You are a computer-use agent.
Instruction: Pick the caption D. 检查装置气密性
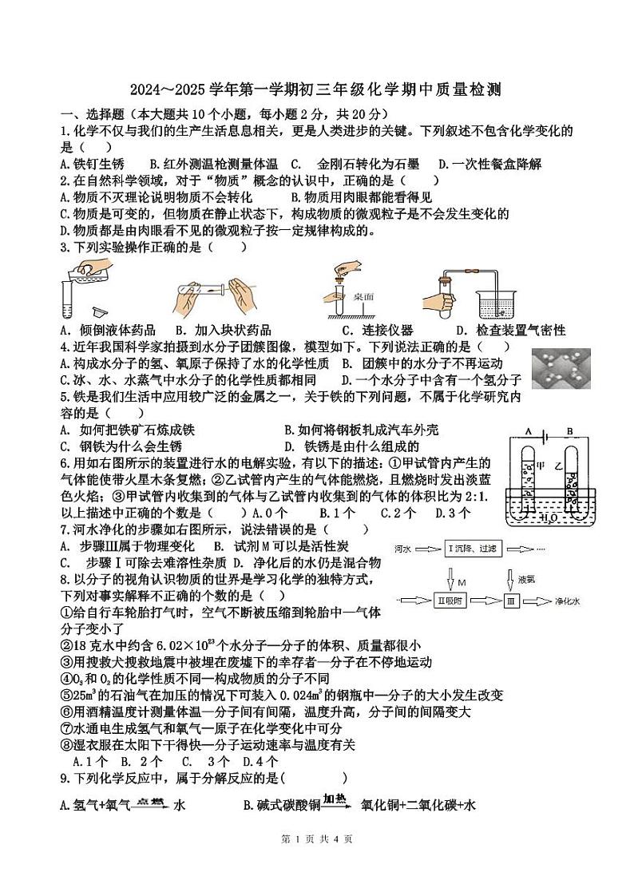pos(510,330)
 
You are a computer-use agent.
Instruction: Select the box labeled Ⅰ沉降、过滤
pos(474,549)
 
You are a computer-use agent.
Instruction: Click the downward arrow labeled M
pos(450,578)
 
